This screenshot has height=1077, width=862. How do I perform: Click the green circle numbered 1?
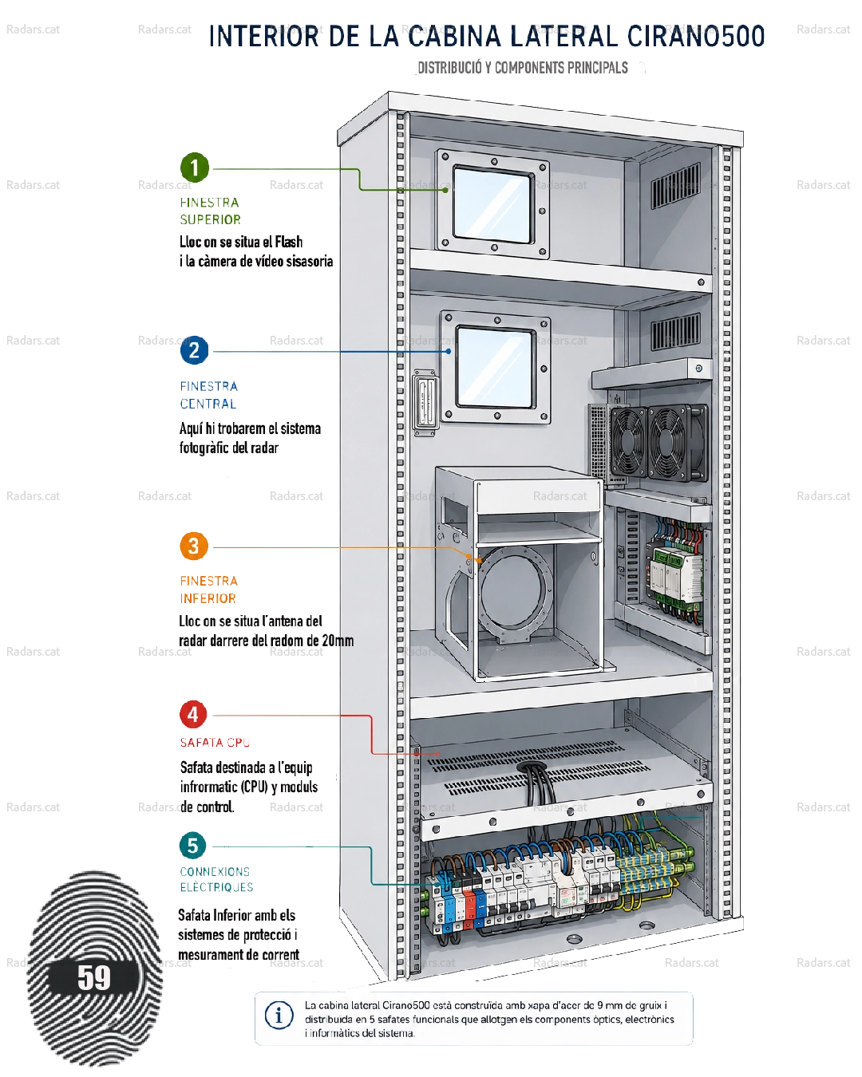[194, 168]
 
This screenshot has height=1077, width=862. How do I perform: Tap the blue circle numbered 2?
[194, 350]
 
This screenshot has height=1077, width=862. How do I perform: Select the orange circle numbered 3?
[194, 546]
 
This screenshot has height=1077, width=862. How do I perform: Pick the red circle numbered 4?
[193, 714]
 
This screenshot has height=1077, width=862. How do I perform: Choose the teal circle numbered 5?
[193, 846]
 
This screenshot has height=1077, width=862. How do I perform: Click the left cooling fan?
[627, 443]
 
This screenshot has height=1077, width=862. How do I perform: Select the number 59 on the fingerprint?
[94, 978]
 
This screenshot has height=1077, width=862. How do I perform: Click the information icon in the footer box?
[279, 1016]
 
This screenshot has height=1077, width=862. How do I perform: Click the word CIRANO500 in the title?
[696, 36]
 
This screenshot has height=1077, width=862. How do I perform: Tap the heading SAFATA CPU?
[215, 742]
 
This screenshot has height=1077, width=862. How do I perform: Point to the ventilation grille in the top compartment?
[676, 185]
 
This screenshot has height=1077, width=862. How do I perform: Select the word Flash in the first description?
[288, 242]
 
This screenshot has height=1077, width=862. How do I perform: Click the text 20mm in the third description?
[338, 641]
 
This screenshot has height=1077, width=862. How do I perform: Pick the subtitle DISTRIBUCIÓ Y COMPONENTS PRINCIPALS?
[523, 68]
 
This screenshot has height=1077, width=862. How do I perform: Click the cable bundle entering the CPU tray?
[539, 786]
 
